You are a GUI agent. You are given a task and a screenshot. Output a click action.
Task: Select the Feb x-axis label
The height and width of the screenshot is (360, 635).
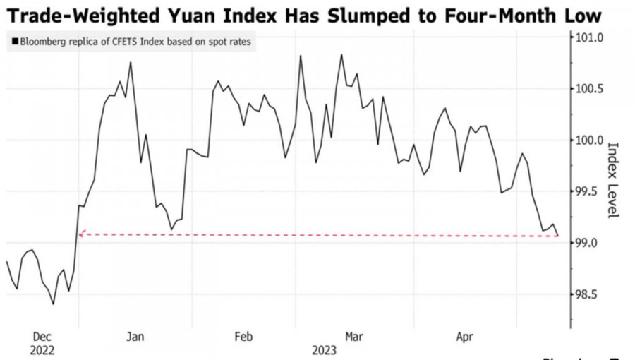243,337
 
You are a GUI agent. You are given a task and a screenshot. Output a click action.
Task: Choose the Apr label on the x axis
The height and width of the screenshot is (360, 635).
464,337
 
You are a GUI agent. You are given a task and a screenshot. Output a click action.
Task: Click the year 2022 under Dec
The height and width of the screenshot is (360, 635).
42,349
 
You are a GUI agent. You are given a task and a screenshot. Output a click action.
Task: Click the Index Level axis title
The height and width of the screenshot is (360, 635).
612,180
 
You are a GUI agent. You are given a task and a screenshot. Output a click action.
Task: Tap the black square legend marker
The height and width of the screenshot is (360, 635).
15,42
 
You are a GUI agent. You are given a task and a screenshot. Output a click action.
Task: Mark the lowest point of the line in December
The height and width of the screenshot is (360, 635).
54,304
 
